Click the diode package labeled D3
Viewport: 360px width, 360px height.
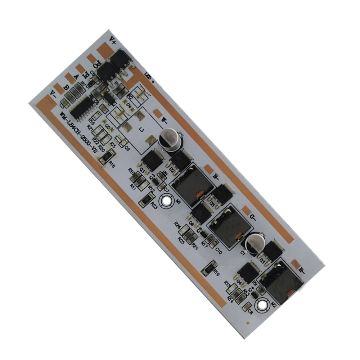tap(271, 252)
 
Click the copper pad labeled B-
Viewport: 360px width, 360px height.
tap(208, 168)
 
